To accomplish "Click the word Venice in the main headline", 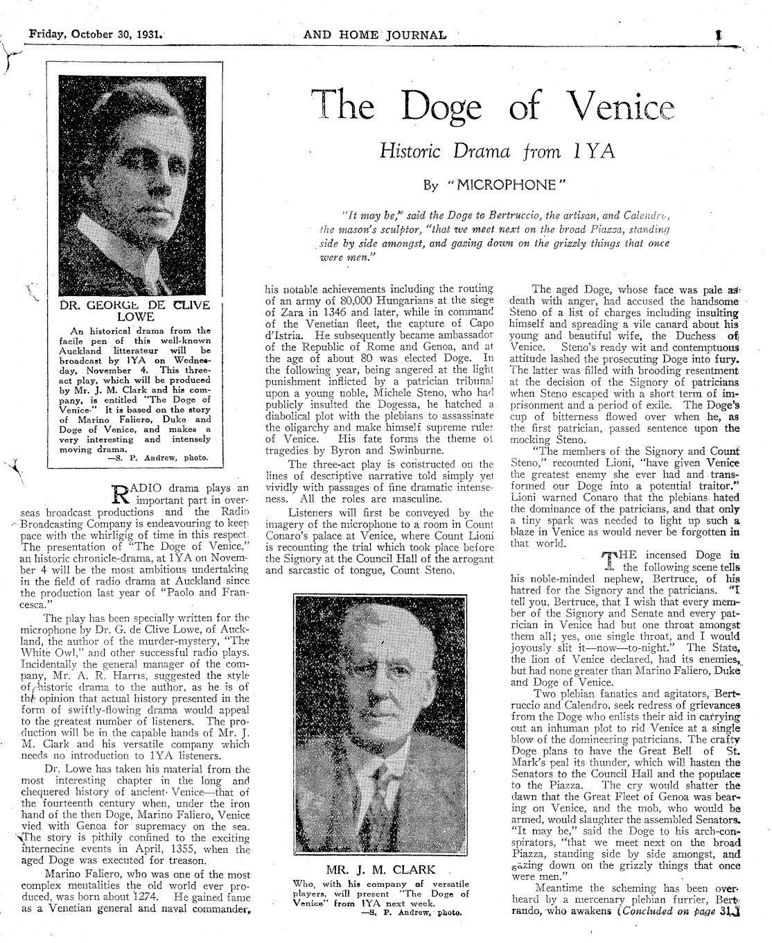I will (x=617, y=108).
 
